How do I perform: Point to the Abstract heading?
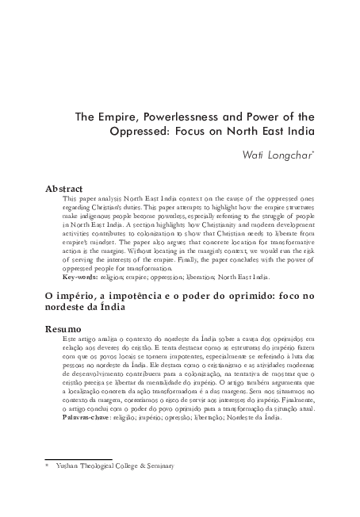(66, 190)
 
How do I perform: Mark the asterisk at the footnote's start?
(47, 465)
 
